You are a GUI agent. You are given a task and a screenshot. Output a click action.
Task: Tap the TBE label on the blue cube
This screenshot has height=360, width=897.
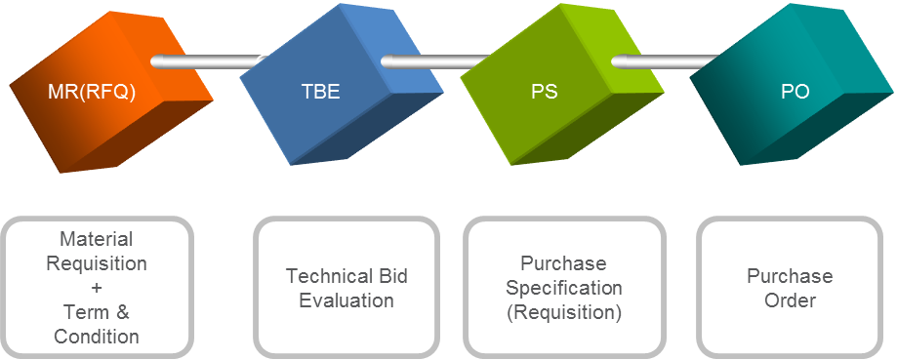(x=320, y=94)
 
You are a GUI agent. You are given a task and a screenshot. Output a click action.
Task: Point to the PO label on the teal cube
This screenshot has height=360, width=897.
(x=795, y=94)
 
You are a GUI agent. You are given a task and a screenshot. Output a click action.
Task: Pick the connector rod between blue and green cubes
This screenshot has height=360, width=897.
(x=429, y=62)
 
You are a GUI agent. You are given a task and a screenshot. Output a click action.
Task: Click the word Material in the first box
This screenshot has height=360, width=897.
(x=96, y=239)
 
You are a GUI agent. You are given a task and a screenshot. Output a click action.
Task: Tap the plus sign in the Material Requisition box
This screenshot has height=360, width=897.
(x=96, y=288)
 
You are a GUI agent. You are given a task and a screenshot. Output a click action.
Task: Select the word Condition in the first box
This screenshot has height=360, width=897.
(x=96, y=337)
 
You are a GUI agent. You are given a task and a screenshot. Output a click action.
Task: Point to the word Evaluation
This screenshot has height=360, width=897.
(x=347, y=300)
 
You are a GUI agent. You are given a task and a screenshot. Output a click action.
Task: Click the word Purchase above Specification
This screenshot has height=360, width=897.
(x=563, y=263)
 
